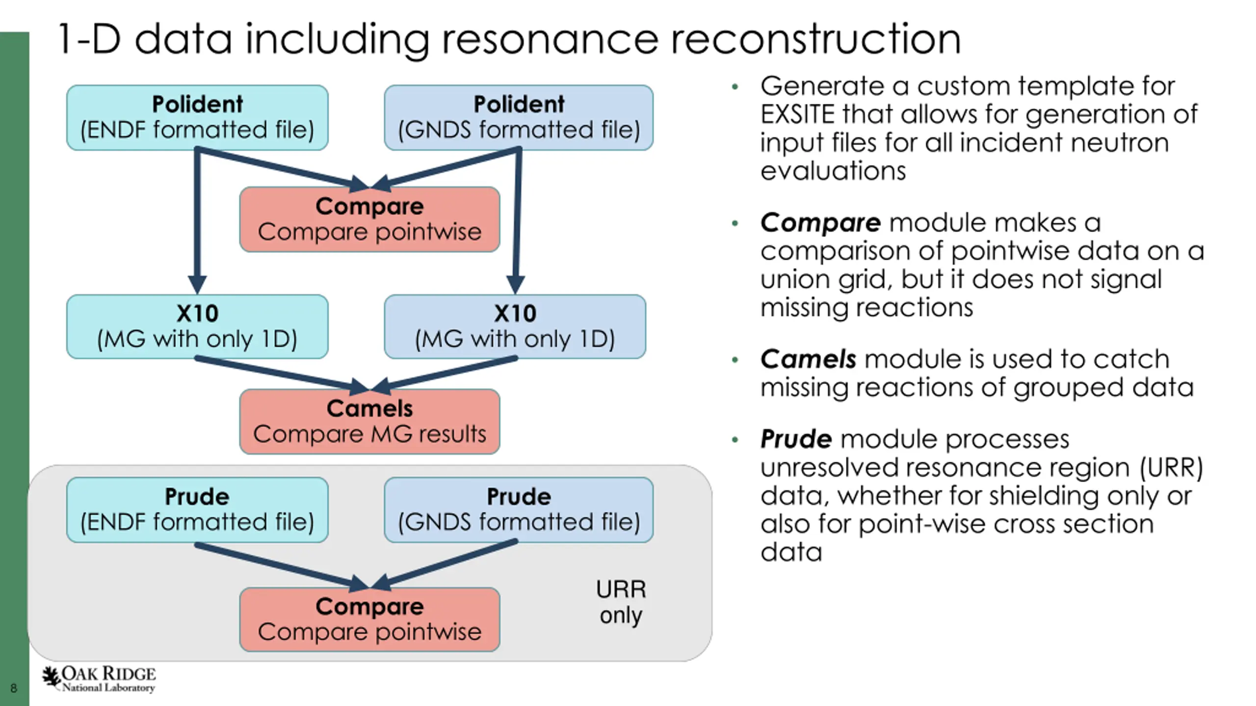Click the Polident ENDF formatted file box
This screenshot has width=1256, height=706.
197,118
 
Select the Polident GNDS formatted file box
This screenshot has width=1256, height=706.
519,118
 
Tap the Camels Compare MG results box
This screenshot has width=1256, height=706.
370,422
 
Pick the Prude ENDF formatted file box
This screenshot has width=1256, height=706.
197,510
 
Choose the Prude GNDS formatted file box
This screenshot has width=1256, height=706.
519,510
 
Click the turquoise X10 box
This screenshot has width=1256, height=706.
197,327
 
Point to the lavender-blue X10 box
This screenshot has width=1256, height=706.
515,327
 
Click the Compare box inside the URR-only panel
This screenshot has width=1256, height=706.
370,620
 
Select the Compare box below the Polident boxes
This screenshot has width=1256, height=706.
370,219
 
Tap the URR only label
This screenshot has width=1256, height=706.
621,602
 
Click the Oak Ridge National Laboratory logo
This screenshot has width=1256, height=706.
99,680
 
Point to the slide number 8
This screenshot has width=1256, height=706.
14,688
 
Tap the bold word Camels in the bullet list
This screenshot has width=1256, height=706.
809,359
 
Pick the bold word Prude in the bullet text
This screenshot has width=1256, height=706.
796,439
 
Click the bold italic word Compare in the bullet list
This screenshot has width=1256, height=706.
821,223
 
